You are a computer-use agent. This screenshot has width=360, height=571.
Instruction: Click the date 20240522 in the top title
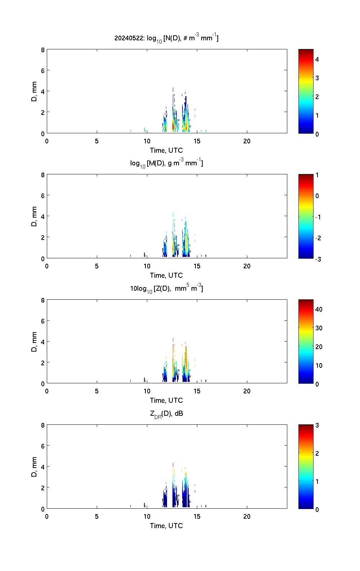[129, 38]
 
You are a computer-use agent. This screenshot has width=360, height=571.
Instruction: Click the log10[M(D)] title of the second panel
[166, 163]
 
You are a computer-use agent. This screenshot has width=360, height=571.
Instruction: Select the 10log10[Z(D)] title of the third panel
[166, 288]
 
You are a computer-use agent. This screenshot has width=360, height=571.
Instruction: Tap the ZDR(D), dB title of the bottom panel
[166, 414]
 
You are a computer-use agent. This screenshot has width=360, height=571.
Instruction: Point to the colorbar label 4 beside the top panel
[317, 59]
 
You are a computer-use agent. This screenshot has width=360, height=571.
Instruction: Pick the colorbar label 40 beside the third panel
[319, 309]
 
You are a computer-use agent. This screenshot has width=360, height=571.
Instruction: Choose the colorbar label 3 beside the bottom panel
[317, 425]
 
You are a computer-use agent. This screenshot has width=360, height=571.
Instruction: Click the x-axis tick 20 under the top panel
[247, 141]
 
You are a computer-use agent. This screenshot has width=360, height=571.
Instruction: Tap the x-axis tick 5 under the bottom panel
[97, 517]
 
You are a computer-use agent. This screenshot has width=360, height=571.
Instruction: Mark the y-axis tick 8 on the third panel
[43, 300]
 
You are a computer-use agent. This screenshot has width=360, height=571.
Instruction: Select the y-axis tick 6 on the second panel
[43, 195]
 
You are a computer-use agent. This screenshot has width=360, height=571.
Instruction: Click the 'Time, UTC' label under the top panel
[166, 150]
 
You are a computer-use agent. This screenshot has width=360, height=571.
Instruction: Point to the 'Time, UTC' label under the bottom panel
[166, 526]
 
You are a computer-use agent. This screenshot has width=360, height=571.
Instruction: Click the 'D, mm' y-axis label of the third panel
[35, 342]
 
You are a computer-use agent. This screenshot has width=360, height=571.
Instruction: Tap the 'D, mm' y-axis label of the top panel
[35, 92]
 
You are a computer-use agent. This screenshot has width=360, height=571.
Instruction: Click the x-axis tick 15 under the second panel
[197, 266]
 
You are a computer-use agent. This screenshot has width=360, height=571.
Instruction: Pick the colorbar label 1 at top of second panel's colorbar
[317, 175]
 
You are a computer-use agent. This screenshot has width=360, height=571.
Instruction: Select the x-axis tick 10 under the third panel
[147, 391]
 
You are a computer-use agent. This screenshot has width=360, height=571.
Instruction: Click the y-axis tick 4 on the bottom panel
[43, 467]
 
